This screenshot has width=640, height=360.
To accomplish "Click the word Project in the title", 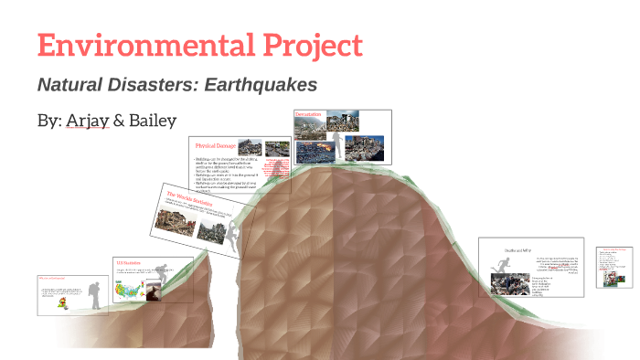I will (x=308, y=46).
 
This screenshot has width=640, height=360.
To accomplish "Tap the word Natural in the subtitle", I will (x=69, y=85).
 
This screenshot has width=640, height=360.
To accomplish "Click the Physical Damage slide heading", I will (x=216, y=146).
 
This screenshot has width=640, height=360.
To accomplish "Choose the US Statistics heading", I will (x=124, y=262).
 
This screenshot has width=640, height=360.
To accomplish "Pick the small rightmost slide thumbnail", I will (x=614, y=266).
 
